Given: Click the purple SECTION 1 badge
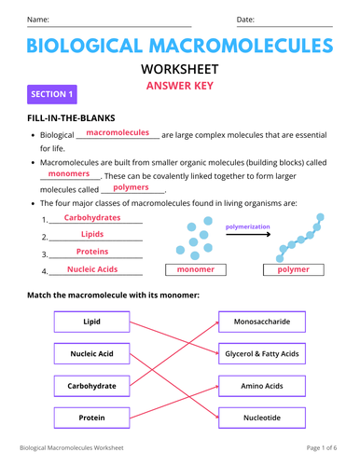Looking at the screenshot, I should [x=52, y=94].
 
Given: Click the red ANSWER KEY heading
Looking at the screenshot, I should [x=180, y=86].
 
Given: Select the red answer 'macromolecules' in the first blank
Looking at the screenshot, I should [x=118, y=133].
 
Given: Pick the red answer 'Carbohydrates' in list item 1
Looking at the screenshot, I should [x=92, y=217].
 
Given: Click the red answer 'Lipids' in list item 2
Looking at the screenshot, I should [x=92, y=234].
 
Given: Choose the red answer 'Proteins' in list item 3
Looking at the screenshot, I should [x=92, y=252].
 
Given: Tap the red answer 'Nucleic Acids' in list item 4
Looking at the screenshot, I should [x=92, y=269].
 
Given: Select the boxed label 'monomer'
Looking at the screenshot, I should [x=196, y=269].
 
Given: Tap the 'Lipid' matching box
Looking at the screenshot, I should [x=91, y=322].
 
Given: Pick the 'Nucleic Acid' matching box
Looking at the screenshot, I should [x=91, y=354].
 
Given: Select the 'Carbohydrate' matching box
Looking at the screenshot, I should [x=91, y=385].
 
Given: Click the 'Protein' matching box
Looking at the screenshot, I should [x=91, y=418].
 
